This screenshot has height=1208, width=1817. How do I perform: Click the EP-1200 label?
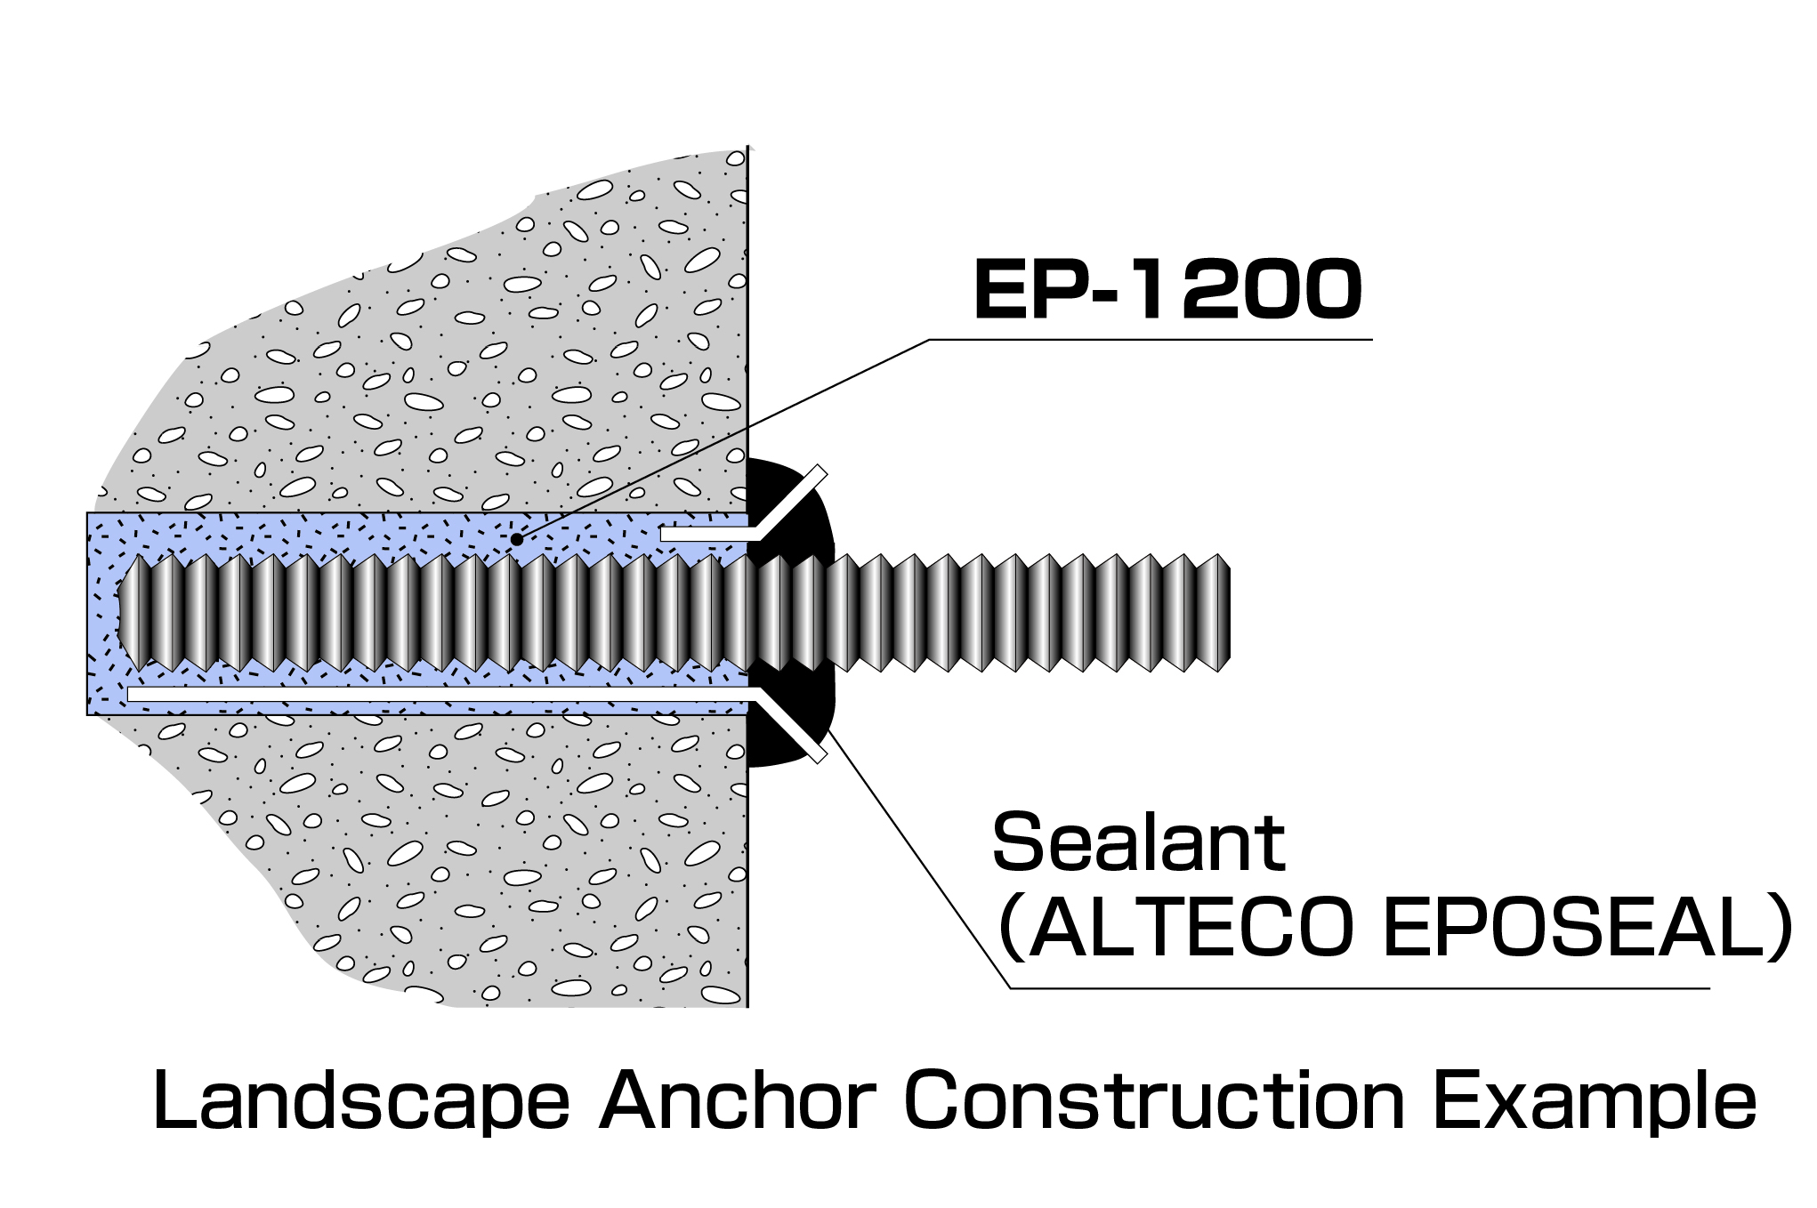[x=1167, y=289]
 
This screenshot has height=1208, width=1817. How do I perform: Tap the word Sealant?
[x=1138, y=842]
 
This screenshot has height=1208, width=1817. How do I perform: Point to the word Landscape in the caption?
[x=360, y=1101]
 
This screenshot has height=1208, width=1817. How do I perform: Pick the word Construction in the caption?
[x=1153, y=1101]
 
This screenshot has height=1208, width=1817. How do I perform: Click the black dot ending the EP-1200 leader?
[x=517, y=539]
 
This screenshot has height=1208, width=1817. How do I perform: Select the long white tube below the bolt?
[x=436, y=694]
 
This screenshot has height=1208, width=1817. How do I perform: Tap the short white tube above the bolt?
[x=703, y=534]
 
